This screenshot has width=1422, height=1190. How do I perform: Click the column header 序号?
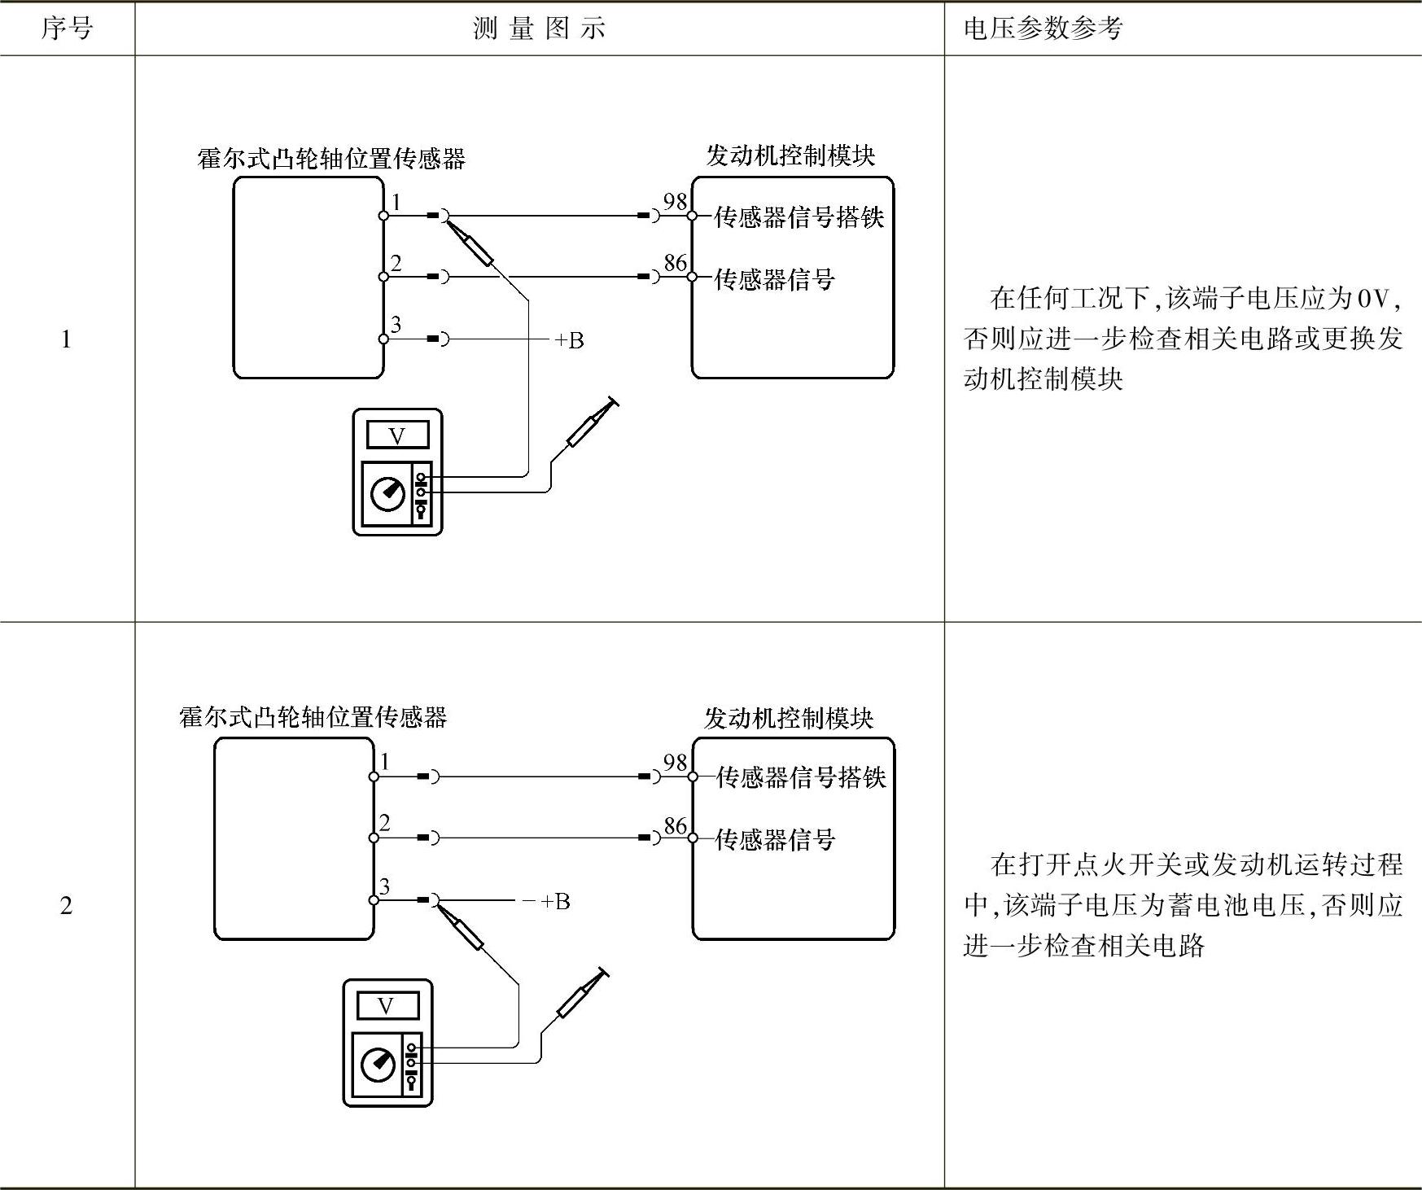click(x=67, y=29)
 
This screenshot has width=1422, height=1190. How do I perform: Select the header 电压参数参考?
click(x=1043, y=29)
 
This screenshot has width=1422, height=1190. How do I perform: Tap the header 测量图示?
click(x=539, y=29)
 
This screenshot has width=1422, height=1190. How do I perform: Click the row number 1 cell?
click(x=66, y=339)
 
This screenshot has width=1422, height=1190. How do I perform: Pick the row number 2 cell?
click(x=66, y=905)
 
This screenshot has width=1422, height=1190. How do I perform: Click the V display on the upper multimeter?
click(x=397, y=435)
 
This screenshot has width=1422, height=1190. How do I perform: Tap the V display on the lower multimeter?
click(x=387, y=1006)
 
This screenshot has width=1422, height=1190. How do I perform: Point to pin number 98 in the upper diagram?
click(x=675, y=201)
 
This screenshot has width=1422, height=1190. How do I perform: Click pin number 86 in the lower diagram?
click(x=675, y=825)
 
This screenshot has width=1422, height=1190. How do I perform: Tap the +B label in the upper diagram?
click(x=569, y=340)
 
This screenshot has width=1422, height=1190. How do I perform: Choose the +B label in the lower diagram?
click(x=555, y=901)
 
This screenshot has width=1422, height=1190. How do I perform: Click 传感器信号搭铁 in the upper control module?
click(x=799, y=217)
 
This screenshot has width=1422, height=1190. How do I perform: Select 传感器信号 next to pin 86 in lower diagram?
click(x=775, y=839)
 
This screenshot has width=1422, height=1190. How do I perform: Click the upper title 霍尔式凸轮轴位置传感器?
click(x=331, y=158)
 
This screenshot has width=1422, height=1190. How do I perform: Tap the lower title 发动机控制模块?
click(x=789, y=718)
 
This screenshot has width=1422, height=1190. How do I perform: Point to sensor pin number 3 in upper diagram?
click(x=396, y=325)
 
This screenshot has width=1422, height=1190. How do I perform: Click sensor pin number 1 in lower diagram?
click(x=385, y=762)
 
